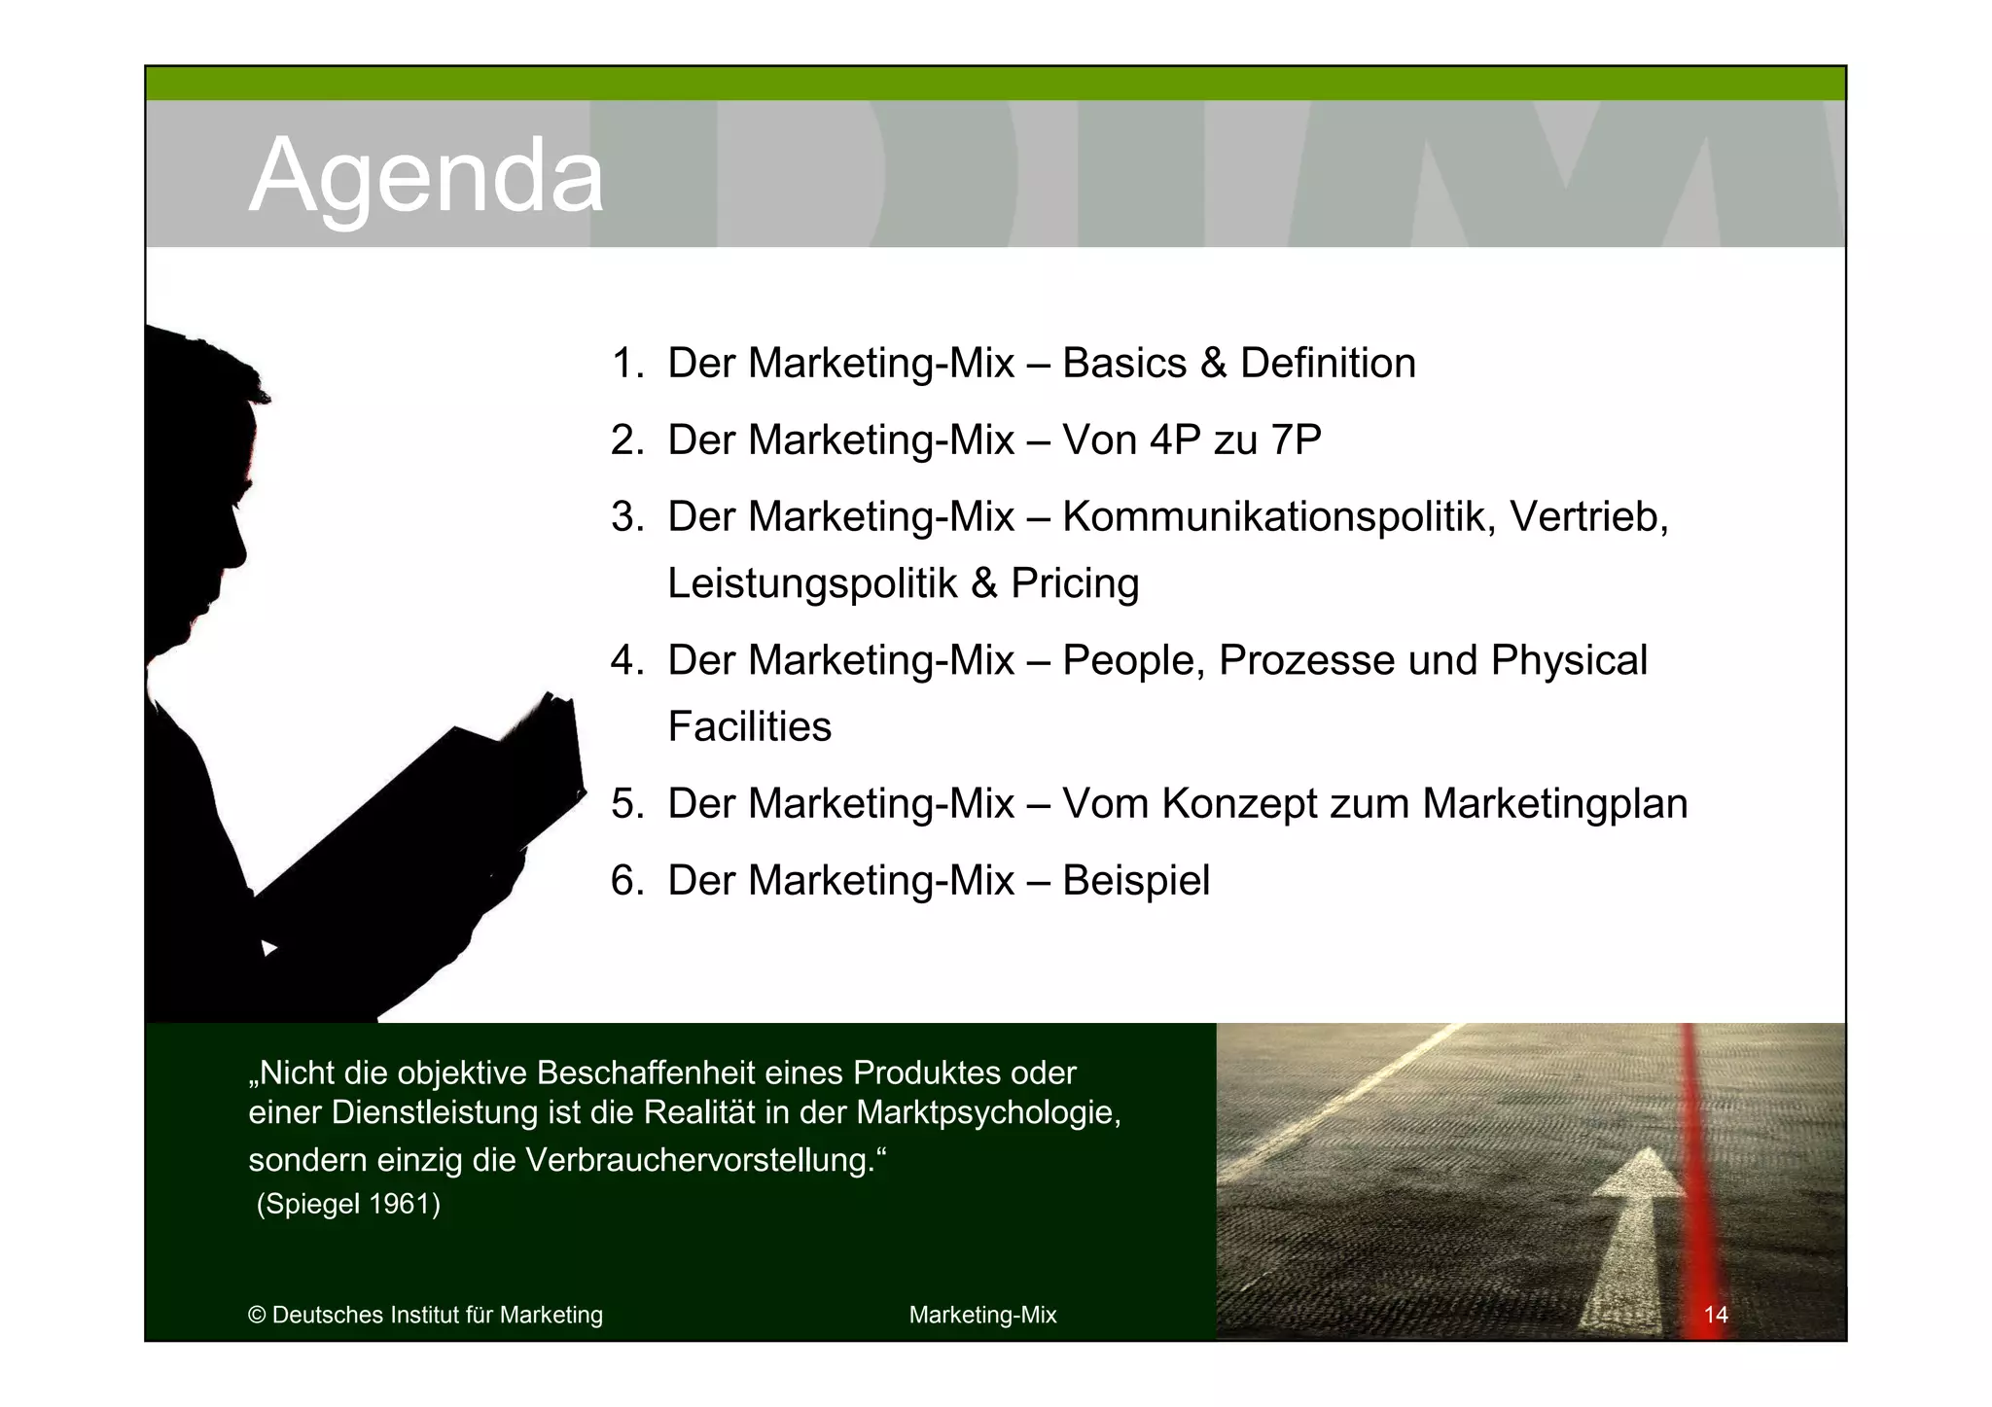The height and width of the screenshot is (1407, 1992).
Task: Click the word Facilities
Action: [x=749, y=726]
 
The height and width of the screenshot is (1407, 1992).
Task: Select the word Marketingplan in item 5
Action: [x=1553, y=803]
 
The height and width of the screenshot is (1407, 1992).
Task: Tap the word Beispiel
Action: [x=1135, y=880]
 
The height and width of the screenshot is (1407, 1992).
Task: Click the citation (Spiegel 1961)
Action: [x=348, y=1204]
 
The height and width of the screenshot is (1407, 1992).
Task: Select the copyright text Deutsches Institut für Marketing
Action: [x=437, y=1315]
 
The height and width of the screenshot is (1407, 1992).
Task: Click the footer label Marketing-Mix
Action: [x=982, y=1315]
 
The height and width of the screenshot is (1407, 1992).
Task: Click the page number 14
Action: [x=1716, y=1315]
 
